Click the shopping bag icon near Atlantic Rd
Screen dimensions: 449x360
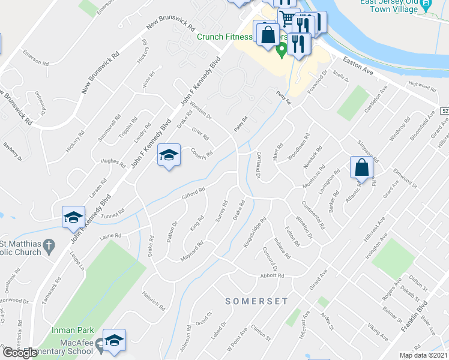point(362,168)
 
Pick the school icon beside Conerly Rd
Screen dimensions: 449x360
point(169,156)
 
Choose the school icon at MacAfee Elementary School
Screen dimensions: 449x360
point(113,340)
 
